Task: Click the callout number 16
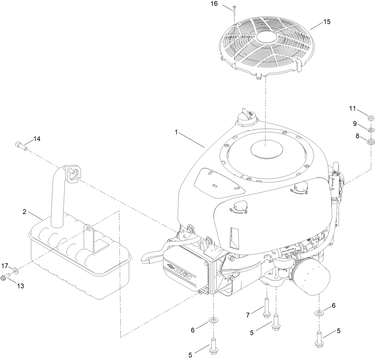click(x=222, y=4)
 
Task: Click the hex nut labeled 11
click(x=369, y=118)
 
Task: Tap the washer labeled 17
click(x=16, y=271)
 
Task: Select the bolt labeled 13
click(x=6, y=276)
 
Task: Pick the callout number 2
click(x=24, y=212)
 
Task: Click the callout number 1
click(x=176, y=132)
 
